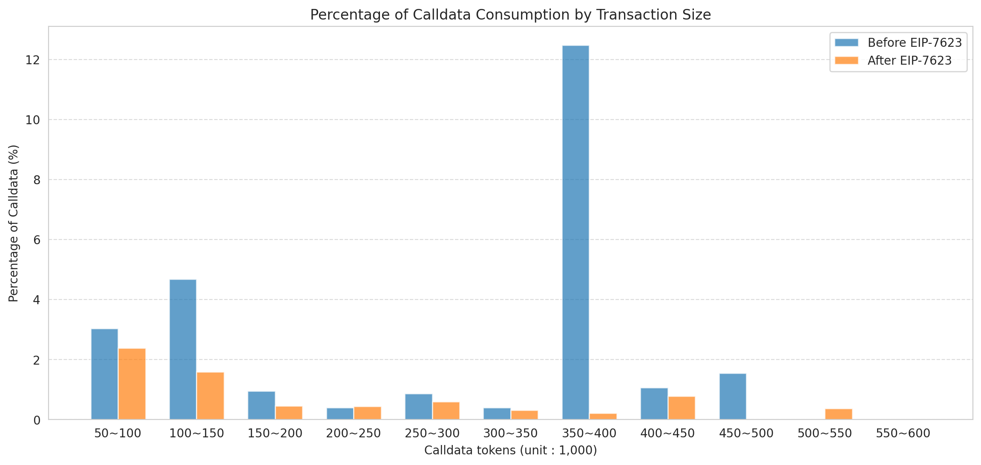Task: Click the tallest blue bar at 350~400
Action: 575,232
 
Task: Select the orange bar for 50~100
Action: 132,384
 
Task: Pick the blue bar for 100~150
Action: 183,349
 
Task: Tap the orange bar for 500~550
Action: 838,414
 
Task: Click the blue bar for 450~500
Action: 733,397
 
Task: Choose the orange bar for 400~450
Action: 682,408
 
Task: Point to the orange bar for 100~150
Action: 210,396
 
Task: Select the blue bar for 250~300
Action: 418,407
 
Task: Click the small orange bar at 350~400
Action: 603,416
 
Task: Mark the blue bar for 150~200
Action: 261,405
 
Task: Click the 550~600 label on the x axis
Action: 903,434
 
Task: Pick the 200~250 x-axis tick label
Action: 354,434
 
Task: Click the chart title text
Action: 510,15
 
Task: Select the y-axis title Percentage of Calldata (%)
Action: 14,223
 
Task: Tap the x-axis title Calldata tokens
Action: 510,451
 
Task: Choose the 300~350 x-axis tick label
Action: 510,434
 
